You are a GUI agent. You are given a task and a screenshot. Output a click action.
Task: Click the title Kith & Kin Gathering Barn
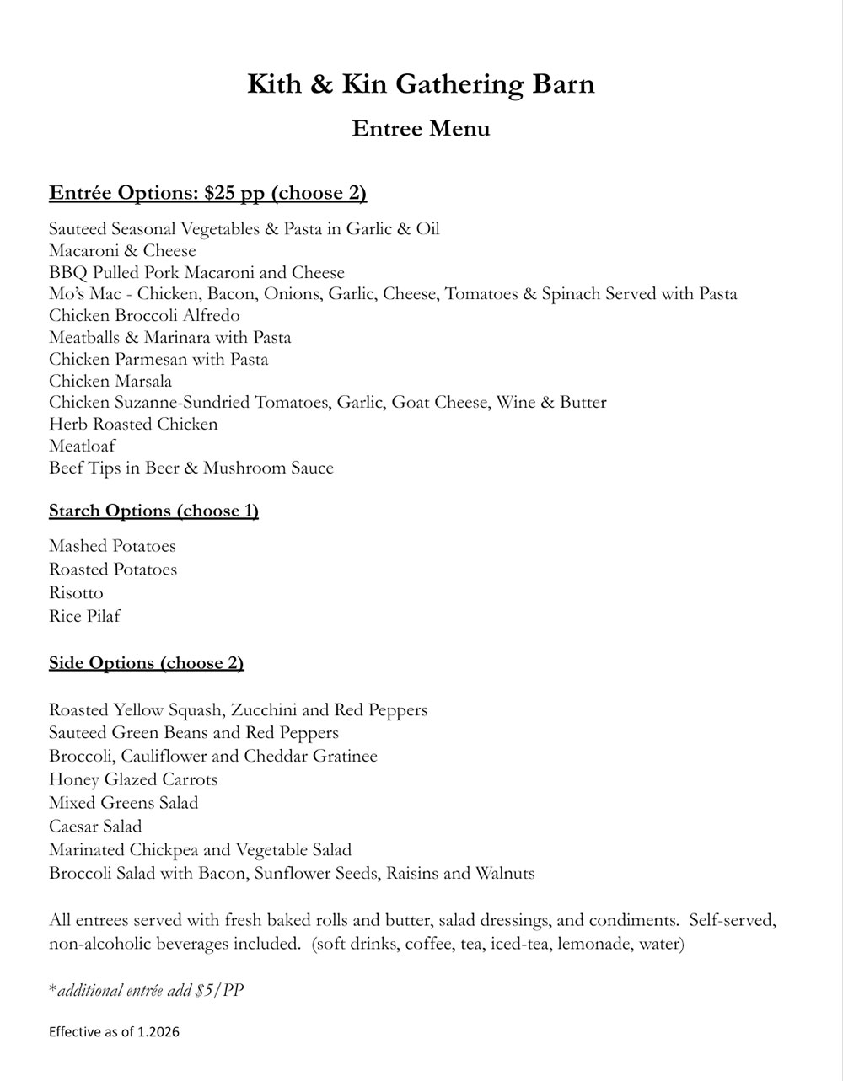pos(421,84)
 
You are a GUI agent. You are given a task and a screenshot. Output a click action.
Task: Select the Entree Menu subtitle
pos(421,129)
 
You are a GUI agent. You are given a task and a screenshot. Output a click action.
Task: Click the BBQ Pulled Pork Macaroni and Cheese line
pos(196,272)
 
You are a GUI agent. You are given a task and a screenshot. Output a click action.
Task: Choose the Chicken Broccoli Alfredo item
pos(144,316)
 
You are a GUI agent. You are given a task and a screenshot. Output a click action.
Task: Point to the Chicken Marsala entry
pos(110,381)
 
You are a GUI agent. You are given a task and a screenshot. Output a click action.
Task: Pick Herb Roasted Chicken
pos(133,425)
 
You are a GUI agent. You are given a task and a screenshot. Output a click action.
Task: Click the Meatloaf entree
pos(82,447)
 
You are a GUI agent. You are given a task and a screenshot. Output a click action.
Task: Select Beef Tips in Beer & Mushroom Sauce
pos(191,468)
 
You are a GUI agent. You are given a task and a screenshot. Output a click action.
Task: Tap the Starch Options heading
pos(153,511)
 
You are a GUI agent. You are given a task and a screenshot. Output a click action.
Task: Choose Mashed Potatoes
pos(112,546)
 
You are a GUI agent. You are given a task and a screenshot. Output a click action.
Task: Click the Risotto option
pos(76,593)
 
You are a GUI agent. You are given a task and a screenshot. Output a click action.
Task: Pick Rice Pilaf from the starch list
pos(84,617)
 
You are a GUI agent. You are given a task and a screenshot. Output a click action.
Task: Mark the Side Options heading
pos(146,663)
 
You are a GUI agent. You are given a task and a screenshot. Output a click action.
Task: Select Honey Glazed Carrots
pos(133,779)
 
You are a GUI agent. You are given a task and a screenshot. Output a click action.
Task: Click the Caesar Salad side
pos(95,827)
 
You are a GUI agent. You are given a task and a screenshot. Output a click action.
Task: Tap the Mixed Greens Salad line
pos(123,803)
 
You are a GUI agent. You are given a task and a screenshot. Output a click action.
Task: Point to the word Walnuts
pos(505,873)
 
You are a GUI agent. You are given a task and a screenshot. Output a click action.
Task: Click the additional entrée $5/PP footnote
pos(147,991)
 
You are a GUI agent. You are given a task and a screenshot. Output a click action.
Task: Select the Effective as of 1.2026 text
pos(114,1032)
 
